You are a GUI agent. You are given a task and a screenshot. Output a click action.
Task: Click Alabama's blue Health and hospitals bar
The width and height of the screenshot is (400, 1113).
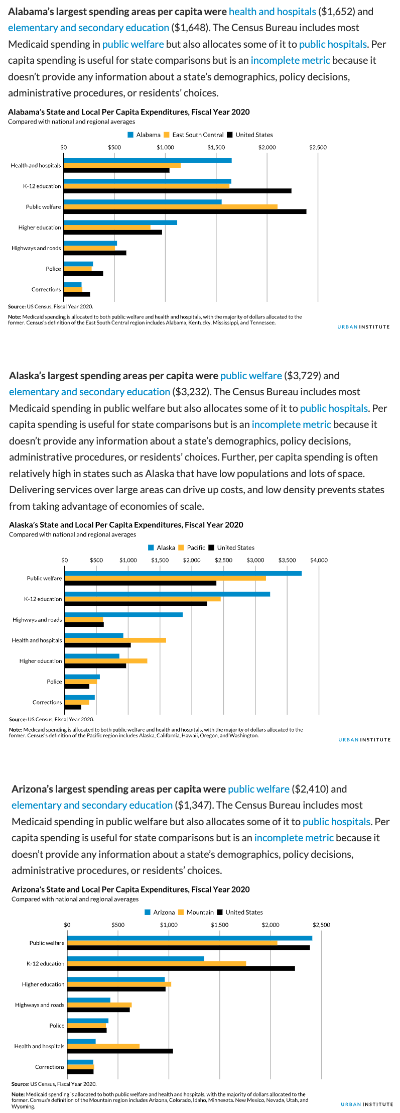(x=148, y=160)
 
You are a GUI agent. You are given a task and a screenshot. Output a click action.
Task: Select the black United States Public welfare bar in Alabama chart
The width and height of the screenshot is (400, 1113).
(x=185, y=211)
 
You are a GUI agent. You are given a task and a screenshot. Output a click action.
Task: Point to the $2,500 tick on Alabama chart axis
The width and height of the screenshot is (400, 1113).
(x=318, y=148)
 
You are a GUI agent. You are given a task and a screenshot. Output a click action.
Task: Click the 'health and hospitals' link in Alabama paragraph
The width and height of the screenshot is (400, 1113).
(x=273, y=12)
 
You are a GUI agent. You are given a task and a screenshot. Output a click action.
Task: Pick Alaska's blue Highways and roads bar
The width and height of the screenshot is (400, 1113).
(x=123, y=614)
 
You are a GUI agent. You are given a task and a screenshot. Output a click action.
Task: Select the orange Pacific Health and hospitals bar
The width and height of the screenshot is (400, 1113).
(x=115, y=640)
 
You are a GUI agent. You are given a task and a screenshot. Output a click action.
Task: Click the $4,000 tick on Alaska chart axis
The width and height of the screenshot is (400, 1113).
(x=319, y=560)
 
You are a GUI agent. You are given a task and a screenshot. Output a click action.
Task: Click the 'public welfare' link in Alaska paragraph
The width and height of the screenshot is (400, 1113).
(x=251, y=376)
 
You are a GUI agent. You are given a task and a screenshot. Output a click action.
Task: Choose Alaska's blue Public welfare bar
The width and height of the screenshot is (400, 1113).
(x=183, y=573)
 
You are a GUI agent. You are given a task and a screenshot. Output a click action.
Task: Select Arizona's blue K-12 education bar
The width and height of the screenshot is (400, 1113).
(x=136, y=958)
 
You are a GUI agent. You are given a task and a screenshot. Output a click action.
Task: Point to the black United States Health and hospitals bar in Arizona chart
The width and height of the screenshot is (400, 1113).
(x=120, y=1051)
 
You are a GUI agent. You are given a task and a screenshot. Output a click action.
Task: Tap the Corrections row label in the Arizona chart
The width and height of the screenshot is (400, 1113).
(x=50, y=1067)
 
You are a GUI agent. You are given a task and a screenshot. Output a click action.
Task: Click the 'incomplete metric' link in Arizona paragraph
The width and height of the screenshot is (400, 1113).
(x=294, y=838)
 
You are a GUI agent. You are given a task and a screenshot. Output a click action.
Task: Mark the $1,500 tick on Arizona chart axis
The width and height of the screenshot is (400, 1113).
(x=220, y=925)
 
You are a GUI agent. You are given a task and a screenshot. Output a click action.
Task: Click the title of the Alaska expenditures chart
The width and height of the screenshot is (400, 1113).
(x=126, y=525)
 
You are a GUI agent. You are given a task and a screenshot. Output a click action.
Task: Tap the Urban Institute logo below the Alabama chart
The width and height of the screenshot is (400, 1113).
(x=363, y=327)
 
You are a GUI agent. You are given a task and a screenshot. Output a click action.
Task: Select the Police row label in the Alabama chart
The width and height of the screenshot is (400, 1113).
(x=53, y=269)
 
